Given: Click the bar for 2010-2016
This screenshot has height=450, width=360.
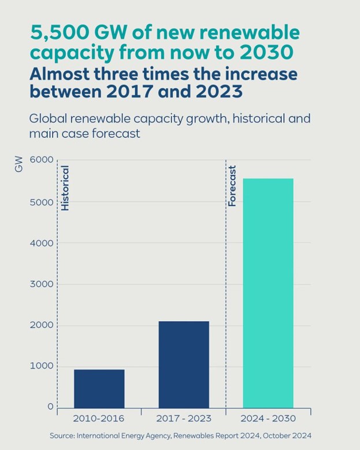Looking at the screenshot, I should tap(99, 388).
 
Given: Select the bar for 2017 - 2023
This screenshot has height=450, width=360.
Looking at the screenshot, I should tap(183, 365).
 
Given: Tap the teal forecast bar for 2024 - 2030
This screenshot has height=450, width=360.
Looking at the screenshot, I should tap(268, 293).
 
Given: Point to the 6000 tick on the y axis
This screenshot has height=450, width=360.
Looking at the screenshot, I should tap(42, 161).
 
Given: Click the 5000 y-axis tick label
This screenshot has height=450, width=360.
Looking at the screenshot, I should tap(42, 202).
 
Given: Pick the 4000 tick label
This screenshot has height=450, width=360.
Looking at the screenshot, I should tap(42, 243).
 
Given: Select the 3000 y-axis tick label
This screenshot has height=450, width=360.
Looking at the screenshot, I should tap(42, 284).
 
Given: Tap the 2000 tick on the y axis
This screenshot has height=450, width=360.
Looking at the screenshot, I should tap(42, 325).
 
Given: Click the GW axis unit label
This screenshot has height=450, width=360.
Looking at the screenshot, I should tap(19, 166).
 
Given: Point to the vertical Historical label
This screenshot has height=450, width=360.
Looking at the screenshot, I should tap(65, 188).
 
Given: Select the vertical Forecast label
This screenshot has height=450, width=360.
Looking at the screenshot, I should tap(232, 186).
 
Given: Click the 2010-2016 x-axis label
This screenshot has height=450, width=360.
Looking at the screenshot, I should tap(99, 418).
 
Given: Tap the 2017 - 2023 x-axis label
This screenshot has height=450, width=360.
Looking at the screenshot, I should tap(183, 418).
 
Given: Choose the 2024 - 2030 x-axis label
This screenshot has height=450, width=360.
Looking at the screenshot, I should tap(268, 418).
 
